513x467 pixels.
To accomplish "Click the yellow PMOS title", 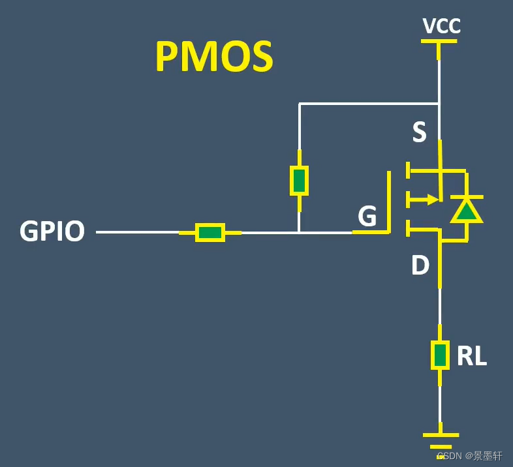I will click(214, 57).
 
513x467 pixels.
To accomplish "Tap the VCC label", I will click(441, 26).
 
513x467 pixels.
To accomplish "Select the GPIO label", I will click(52, 232).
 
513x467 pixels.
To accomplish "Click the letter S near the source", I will click(419, 132).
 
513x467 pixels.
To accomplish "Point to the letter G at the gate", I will click(367, 217).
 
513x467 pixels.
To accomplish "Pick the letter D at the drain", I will click(420, 265).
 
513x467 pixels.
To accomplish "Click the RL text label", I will click(471, 356).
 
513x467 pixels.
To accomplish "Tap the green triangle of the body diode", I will click(466, 211).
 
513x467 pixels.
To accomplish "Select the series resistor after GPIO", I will click(210, 232).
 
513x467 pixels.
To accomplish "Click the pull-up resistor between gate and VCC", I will click(299, 181).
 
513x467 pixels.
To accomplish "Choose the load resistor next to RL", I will click(440, 355).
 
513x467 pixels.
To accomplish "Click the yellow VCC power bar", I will click(439, 41).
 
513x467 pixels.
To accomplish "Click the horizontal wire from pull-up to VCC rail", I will click(369, 104).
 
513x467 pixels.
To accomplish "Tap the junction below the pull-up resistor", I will click(299, 232).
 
